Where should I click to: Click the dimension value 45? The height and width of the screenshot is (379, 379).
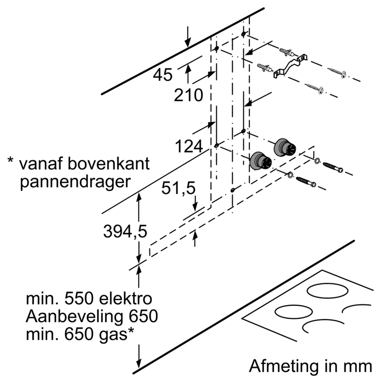coord(163,75)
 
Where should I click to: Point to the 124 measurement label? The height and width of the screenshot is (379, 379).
coord(189,147)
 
